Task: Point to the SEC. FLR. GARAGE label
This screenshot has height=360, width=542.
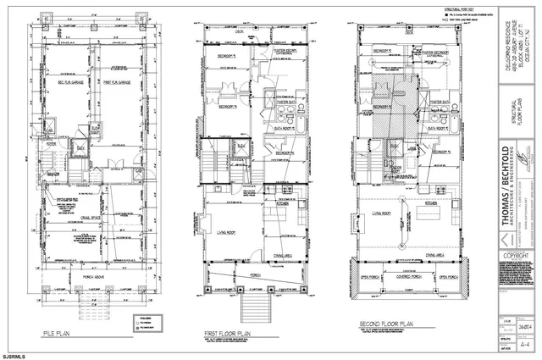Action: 64,84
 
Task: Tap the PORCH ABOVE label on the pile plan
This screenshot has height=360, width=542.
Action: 89,272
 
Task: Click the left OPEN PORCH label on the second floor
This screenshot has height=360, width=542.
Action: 369,276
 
